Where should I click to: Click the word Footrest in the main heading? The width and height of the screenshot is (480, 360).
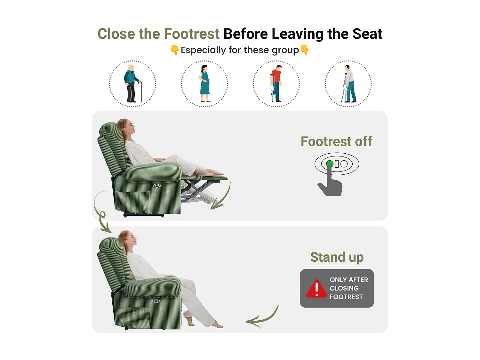tap(191, 34)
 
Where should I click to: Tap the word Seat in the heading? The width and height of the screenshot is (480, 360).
tap(367, 34)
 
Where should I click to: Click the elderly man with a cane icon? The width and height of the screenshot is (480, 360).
tap(132, 84)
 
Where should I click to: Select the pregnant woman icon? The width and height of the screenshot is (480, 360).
tap(204, 84)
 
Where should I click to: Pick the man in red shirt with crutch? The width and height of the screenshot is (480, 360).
tap(276, 84)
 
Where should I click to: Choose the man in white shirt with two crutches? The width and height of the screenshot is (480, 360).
tap(348, 84)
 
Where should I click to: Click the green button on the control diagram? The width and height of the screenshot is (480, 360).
tap(330, 164)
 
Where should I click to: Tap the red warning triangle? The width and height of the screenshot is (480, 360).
tap(316, 289)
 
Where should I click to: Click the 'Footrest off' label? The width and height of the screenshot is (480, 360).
tap(336, 141)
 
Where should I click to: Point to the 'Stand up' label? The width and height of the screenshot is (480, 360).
tap(337, 257)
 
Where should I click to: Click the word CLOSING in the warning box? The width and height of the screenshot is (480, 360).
tap(344, 288)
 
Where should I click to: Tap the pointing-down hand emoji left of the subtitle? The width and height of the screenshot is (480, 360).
tap(175, 50)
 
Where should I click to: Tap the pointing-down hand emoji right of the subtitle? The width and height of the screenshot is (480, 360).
tap(305, 50)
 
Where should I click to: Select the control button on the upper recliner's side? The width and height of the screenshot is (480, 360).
tap(156, 186)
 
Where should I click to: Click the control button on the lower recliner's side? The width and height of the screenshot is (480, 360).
tap(156, 301)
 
